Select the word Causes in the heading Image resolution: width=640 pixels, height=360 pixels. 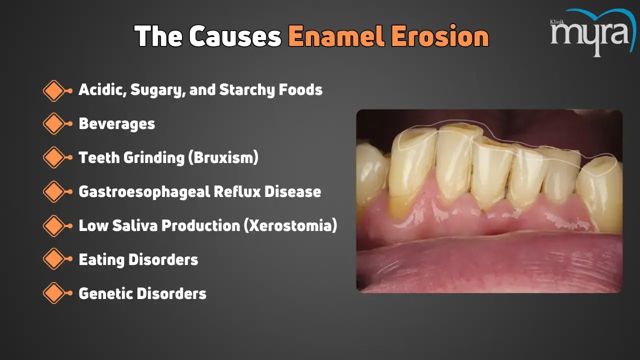coord(235,36)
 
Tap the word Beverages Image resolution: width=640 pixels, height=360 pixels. coord(117,123)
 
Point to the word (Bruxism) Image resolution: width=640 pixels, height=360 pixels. coord(223,157)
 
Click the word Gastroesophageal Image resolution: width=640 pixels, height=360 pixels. coord(144,191)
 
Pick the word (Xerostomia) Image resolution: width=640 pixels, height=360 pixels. coord(290,225)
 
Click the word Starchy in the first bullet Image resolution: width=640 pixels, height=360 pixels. coord(246,90)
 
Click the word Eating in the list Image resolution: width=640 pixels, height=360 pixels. coord(101,260)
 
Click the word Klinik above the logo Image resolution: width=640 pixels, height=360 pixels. coord(557,21)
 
